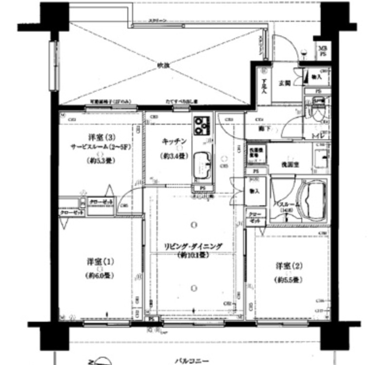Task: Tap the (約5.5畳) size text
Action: click(289, 280)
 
